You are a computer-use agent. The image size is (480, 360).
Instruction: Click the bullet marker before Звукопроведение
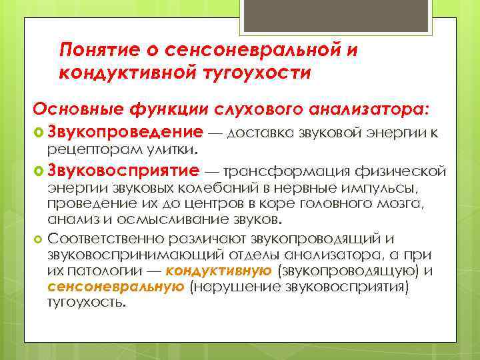pos(39,132)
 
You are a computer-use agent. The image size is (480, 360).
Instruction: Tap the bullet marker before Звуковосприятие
pos(39,172)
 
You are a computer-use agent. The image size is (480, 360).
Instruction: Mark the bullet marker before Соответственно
pos(38,238)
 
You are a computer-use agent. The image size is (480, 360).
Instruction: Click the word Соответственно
pos(104,238)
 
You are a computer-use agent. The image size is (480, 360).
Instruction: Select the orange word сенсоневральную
pos(116,287)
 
